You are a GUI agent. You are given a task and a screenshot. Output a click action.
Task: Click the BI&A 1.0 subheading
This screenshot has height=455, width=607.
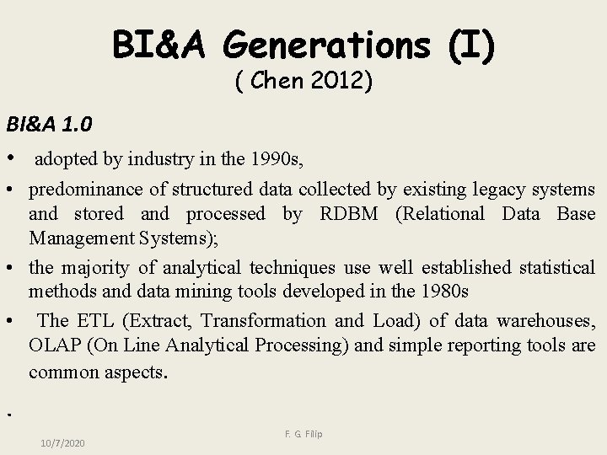(50, 124)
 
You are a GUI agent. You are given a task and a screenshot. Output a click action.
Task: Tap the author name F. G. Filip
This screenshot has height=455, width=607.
(303, 434)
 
